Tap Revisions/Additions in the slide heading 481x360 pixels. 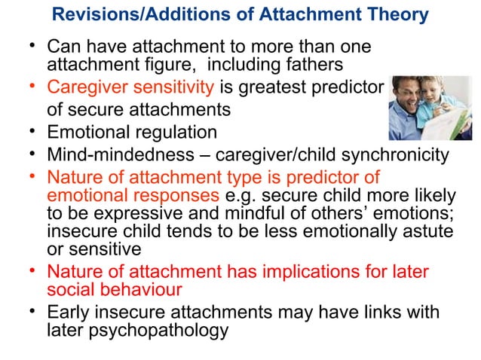[x=133, y=14]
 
